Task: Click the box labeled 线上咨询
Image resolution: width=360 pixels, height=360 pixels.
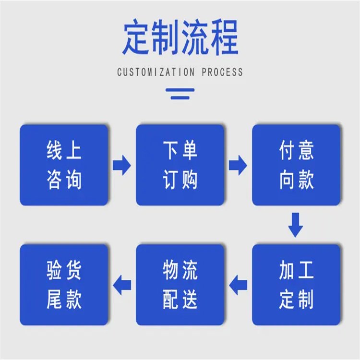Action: pos(64,165)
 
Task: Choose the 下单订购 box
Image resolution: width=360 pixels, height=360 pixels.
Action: pos(180,165)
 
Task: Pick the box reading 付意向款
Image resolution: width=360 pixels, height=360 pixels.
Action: pos(296,165)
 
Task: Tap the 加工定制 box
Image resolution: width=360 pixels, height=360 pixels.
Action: pos(296,285)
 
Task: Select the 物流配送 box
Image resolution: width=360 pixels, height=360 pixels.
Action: pos(180,285)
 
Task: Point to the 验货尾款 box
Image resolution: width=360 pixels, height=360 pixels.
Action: pos(64,285)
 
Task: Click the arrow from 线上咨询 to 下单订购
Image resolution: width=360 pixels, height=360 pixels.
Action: pos(122,165)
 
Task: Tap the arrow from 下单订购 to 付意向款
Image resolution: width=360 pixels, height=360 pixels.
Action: pos(238,165)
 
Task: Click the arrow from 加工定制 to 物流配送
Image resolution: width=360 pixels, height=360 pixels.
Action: pos(238,285)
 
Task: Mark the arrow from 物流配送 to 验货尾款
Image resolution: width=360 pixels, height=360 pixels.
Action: pos(122,285)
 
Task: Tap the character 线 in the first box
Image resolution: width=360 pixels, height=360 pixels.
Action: pos(54,151)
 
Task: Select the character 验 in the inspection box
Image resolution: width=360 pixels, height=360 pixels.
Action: pos(54,270)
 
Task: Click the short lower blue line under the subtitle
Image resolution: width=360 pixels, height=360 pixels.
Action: pos(180,97)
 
